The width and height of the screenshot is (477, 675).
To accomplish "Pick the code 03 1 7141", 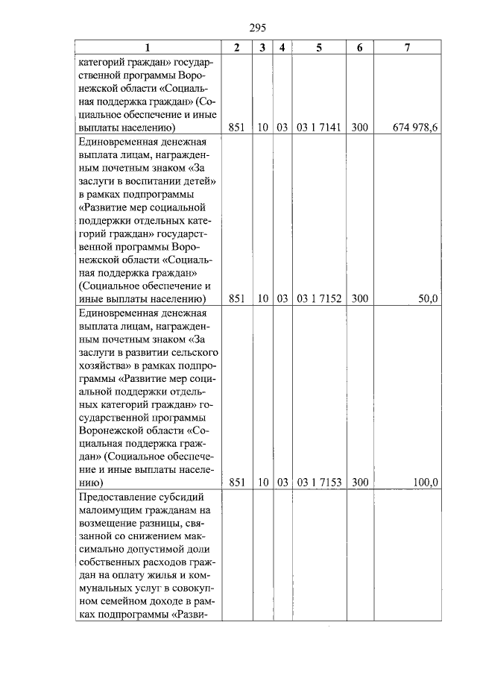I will click(319, 128).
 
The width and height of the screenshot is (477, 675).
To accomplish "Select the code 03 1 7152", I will click(319, 299).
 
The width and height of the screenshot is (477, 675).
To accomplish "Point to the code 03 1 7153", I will click(319, 483).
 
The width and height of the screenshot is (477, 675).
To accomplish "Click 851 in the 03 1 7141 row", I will click(237, 128).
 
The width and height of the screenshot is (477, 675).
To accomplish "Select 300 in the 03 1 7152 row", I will click(360, 299).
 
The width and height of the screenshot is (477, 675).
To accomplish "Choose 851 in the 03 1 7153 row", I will click(237, 483).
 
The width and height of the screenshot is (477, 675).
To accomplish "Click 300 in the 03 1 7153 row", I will click(360, 483).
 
